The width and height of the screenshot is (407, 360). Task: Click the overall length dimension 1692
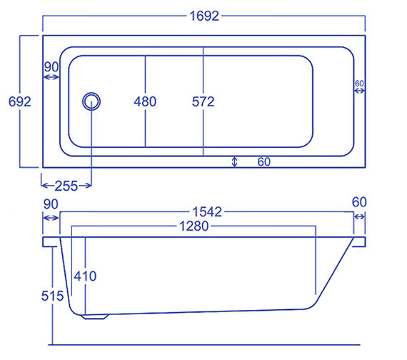(x=203, y=14)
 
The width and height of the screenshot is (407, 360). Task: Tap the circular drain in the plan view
(x=91, y=101)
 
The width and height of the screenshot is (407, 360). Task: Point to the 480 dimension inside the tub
(x=145, y=101)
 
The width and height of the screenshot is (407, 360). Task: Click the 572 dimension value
(x=203, y=101)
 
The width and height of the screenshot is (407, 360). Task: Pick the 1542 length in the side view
(x=206, y=211)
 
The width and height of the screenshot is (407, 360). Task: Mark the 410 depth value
(x=84, y=276)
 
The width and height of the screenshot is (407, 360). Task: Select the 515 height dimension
(x=53, y=295)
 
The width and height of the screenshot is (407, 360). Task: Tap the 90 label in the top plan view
(x=51, y=66)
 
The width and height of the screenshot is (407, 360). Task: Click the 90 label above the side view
(x=50, y=203)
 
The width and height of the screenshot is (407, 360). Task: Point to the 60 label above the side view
(x=358, y=203)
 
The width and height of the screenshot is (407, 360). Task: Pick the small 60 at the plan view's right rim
(x=359, y=84)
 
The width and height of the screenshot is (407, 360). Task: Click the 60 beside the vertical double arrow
(x=263, y=162)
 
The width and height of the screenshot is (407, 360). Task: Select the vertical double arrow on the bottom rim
(x=235, y=162)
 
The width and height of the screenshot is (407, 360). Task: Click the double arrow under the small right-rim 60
(x=359, y=91)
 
